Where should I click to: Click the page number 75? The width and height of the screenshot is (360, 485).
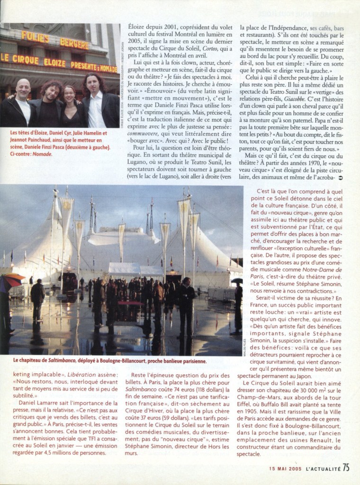click(346, 467)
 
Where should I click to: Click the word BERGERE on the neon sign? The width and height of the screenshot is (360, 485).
click(74, 43)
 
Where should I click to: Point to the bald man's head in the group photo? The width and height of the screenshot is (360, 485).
click(22, 88)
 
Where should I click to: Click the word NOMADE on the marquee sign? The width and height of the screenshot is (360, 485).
click(109, 70)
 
